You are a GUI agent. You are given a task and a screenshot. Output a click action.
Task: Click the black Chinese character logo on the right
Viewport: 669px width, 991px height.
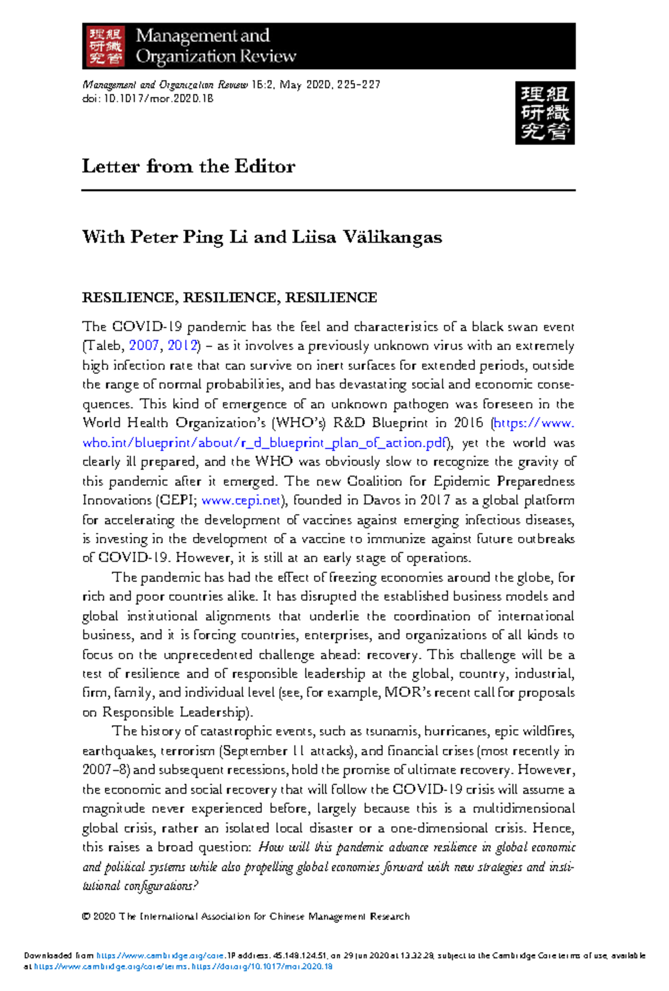pos(545,113)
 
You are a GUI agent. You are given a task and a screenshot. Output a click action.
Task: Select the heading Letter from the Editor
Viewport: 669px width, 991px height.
pos(188,166)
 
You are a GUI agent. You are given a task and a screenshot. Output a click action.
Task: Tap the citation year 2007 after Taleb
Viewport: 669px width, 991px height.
pos(144,346)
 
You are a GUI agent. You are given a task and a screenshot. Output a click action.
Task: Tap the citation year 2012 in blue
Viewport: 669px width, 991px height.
pos(182,346)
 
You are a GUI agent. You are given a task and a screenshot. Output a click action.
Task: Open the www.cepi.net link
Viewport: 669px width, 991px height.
pos(241,501)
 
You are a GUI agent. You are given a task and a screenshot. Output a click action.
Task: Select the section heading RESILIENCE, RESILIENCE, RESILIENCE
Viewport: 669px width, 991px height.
pos(229,298)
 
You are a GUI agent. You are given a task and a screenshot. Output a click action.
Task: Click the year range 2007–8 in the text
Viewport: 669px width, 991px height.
pos(105,770)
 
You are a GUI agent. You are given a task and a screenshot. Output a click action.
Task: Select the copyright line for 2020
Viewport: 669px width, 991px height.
pos(245,916)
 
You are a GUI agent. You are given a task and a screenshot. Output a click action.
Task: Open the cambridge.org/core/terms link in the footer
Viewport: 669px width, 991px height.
pos(111,966)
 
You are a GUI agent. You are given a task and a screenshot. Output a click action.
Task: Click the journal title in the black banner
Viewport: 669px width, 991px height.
pos(215,46)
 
